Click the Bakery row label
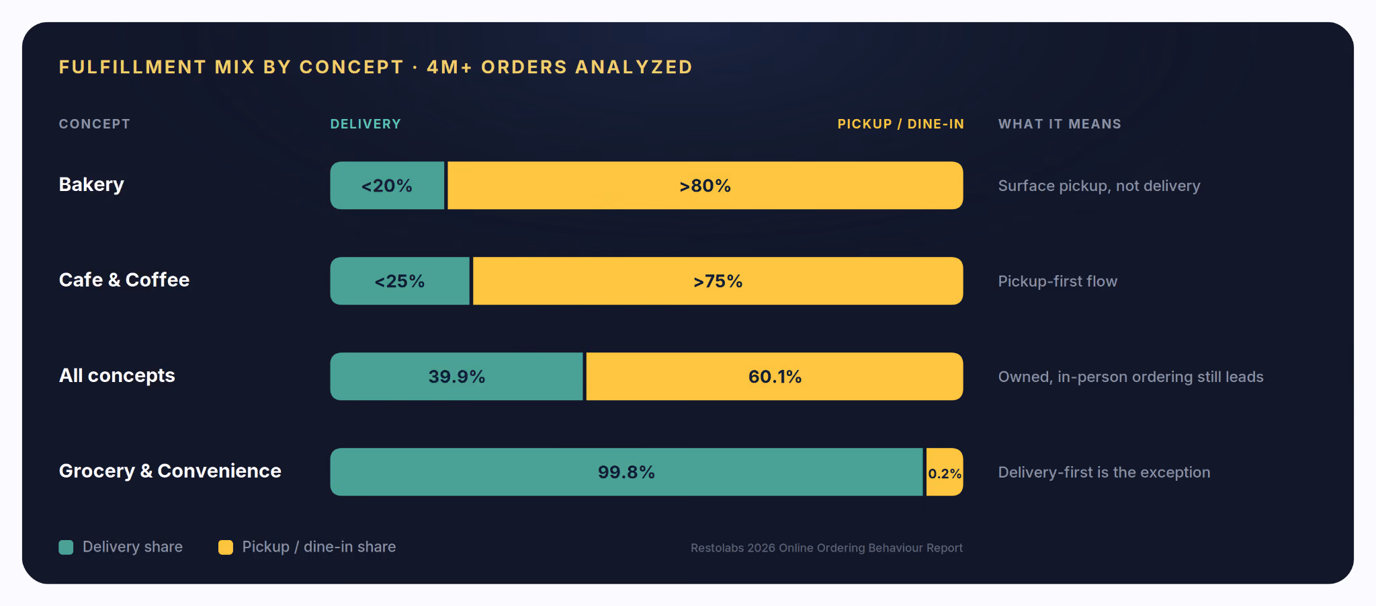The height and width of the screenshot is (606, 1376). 91,185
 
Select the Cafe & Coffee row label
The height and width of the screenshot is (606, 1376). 124,280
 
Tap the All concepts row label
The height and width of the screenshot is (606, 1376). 117,375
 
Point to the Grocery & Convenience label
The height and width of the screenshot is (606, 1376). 170,471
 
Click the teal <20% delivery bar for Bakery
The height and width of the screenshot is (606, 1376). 388,186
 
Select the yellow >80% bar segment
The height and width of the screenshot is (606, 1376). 705,186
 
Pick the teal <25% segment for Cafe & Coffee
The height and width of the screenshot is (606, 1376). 400,281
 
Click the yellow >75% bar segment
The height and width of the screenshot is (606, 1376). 718,281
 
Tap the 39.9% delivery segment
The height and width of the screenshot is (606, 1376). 457,377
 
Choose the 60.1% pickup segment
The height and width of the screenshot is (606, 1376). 775,377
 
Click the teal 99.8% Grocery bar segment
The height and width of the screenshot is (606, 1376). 627,472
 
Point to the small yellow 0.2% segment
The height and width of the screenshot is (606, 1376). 945,472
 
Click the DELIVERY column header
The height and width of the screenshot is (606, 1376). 365,124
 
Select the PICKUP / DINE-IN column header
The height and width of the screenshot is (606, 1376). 900,124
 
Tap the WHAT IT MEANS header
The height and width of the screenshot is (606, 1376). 1060,124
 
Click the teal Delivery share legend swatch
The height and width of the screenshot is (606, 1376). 66,547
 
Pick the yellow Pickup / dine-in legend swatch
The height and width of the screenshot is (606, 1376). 226,547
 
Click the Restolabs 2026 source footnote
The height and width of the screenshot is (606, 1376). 826,548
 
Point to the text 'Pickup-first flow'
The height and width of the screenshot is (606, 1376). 1058,281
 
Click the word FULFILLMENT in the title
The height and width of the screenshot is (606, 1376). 132,67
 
